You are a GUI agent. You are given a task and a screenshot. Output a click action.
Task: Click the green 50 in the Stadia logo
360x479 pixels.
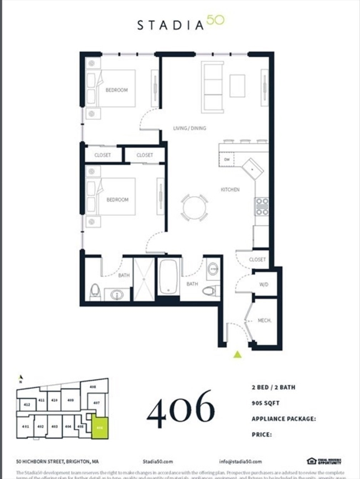coord(215,22)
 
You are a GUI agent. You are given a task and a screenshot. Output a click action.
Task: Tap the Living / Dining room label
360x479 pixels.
coord(190,128)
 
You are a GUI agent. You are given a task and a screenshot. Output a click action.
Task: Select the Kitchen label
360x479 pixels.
coord(230,189)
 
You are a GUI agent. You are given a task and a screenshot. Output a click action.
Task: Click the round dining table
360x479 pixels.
coord(195,207)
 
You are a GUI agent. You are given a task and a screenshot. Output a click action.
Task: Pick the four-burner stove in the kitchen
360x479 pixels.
coord(262,206)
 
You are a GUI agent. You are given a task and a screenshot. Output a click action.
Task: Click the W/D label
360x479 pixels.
coord(264,286)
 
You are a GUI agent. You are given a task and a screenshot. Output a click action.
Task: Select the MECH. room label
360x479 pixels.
coord(264,321)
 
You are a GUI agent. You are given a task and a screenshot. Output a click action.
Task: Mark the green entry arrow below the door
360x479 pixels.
coord(237,355)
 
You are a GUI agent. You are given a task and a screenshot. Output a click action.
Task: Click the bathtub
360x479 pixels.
coord(169,278)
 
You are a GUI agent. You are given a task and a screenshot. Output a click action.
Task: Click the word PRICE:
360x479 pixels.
coord(262,434)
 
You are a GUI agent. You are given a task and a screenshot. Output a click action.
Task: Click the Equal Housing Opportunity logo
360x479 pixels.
coord(324,461)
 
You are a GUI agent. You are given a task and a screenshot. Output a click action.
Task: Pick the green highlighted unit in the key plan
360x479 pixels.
coord(100,427)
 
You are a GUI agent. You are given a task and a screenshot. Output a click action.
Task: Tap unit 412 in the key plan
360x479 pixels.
coord(27,405)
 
